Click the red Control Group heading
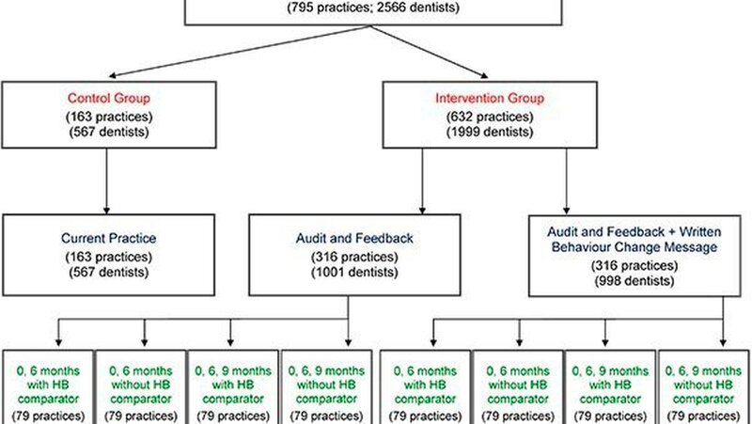tap(109, 99)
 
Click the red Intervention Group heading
tap(490, 99)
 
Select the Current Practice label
tap(109, 239)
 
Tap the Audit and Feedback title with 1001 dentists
tap(354, 239)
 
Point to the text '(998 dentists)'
tap(634, 280)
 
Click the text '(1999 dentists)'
tap(490, 132)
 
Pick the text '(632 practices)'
tap(490, 117)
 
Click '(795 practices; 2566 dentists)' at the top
tap(373, 8)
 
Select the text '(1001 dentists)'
tap(354, 273)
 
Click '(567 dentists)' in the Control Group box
tap(109, 132)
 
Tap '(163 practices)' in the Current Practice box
tap(109, 257)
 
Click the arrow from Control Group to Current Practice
tap(106, 181)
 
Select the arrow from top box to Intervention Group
tap(430, 52)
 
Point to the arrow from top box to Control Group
tap(240, 52)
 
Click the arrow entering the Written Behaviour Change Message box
tap(567, 181)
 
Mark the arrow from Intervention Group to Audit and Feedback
tap(422, 181)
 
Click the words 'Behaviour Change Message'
tap(634, 247)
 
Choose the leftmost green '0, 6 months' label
tap(48, 370)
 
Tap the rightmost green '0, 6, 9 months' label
tap(703, 370)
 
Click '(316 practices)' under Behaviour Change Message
tap(634, 266)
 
